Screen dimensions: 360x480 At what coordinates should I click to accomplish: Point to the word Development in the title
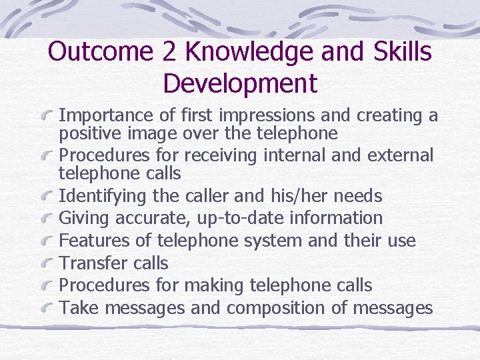(240, 84)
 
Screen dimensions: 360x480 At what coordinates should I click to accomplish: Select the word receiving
(213, 156)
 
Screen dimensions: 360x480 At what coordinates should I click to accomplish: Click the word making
(212, 285)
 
